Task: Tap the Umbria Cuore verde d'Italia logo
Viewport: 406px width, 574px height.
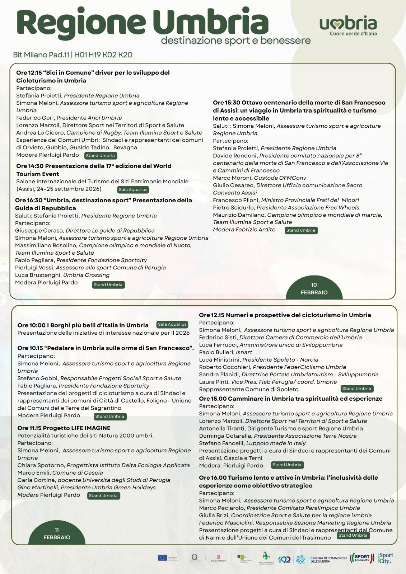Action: pyautogui.click(x=348, y=25)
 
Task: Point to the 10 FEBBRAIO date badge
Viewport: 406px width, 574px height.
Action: pyautogui.click(x=314, y=288)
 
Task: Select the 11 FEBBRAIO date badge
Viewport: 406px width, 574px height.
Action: pyautogui.click(x=57, y=533)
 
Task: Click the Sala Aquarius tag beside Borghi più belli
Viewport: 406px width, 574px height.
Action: pyautogui.click(x=172, y=324)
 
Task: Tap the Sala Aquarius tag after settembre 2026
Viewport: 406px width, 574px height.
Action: pyautogui.click(x=133, y=189)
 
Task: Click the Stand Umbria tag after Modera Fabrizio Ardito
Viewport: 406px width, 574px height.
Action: pyautogui.click(x=301, y=230)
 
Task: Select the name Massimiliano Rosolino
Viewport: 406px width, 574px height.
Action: pyautogui.click(x=46, y=245)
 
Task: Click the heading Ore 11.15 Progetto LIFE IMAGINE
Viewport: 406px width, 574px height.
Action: pyautogui.click(x=64, y=428)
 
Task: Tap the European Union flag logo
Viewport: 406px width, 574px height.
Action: pyautogui.click(x=163, y=558)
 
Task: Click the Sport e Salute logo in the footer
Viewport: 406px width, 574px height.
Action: pyautogui.click(x=362, y=558)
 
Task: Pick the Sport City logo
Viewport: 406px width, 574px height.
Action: pyautogui.click(x=386, y=558)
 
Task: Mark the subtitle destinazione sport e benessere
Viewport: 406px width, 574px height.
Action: pyautogui.click(x=236, y=41)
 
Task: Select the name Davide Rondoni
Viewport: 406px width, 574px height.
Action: pyautogui.click(x=235, y=156)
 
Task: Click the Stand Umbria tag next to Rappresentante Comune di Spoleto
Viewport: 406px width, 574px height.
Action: pyautogui.click(x=356, y=389)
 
